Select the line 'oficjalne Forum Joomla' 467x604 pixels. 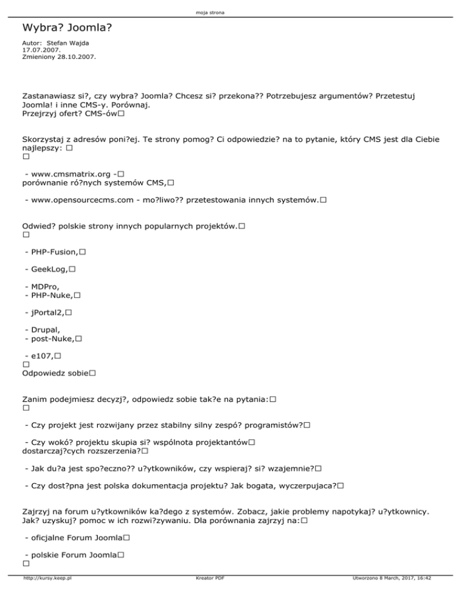pyautogui.click(x=77, y=538)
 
